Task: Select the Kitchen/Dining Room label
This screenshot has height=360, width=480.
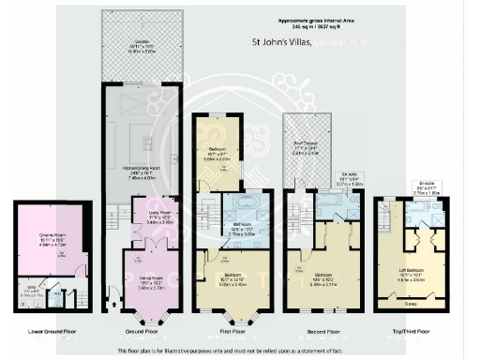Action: [139, 173]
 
